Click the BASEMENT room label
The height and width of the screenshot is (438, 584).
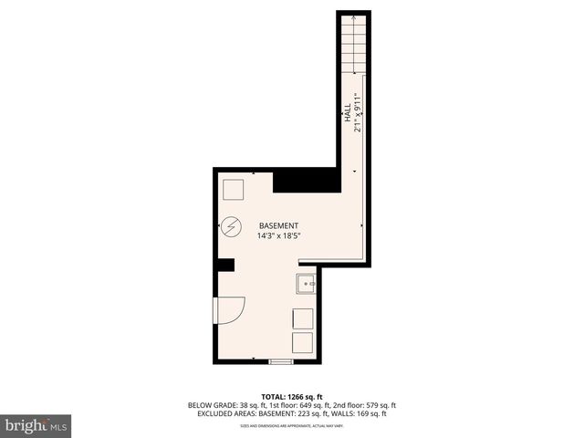[278, 225]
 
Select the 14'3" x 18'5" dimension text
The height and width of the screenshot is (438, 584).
[278, 236]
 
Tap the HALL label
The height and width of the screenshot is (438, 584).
[348, 116]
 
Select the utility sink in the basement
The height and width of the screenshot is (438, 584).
[306, 285]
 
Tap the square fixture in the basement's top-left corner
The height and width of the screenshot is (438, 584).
[234, 189]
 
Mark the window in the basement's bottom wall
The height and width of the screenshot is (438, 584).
[281, 362]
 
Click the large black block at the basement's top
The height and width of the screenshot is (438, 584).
[307, 180]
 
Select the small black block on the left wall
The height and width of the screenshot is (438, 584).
[225, 265]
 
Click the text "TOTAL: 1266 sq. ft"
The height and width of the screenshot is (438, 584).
[292, 397]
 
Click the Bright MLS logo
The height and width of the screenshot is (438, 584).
[36, 425]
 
